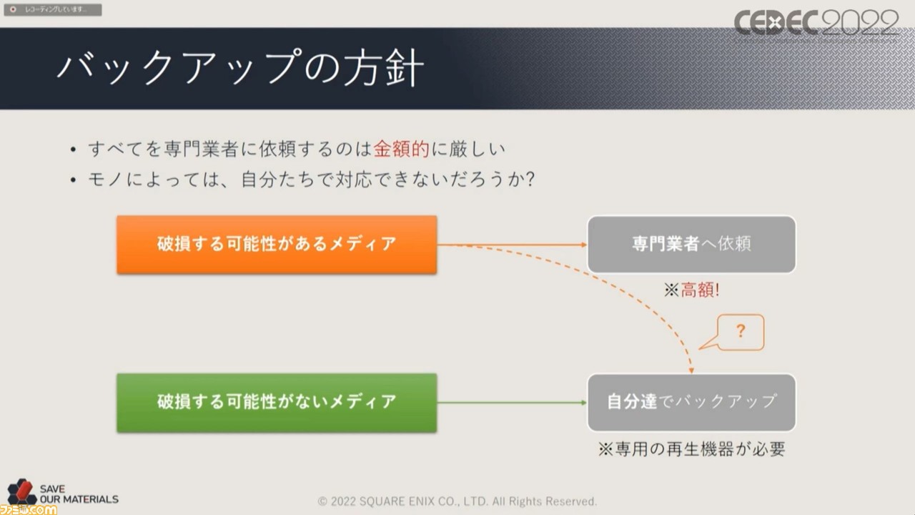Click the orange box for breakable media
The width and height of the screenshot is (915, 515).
point(277,245)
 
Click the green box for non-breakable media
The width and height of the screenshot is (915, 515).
point(277,403)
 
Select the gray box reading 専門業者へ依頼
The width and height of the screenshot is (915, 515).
point(691,245)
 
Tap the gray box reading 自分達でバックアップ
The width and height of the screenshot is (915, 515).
point(691,403)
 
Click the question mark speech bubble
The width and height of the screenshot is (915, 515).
point(740,332)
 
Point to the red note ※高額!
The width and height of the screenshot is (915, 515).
point(691,290)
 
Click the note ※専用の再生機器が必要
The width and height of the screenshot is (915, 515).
point(691,449)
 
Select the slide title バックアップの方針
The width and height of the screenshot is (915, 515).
point(240,67)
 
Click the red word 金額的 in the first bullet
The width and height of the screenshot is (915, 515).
point(402,149)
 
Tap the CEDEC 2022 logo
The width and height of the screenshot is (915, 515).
point(816,24)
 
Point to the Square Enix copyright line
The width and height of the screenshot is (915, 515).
point(457,501)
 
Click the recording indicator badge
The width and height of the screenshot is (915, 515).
point(53,9)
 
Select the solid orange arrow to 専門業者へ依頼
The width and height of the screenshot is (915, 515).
point(513,245)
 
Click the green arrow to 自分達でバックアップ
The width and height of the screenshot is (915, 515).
point(513,403)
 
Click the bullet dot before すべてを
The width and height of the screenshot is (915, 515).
point(73,149)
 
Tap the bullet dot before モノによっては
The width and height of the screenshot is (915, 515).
point(73,180)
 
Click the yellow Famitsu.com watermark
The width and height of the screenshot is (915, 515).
point(28,510)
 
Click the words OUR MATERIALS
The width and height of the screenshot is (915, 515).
point(79,499)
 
